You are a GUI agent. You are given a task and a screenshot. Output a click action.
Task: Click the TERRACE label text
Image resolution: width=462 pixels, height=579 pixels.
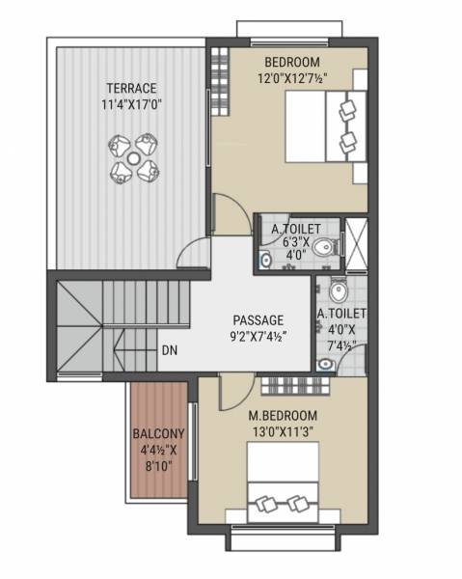pos(132,87)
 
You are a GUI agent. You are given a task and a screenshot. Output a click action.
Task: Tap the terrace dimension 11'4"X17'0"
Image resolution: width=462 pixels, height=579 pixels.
pos(132,103)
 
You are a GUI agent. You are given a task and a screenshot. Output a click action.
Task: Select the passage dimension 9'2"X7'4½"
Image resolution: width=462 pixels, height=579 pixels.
pos(258,337)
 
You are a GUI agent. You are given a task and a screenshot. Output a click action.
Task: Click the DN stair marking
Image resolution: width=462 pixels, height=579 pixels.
pos(169,350)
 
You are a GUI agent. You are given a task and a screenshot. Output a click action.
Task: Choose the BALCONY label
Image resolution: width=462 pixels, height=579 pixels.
pos(153,432)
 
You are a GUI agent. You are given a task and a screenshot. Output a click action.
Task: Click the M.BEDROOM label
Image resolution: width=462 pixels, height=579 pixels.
pos(285,417)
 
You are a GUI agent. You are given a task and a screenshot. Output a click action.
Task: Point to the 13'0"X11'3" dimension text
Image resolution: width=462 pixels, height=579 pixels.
pos(285,433)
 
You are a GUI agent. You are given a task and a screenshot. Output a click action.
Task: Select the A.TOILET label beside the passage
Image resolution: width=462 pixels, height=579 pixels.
pos(340,314)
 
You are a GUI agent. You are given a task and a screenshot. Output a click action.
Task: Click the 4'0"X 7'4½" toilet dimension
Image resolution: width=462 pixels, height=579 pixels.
pos(340,338)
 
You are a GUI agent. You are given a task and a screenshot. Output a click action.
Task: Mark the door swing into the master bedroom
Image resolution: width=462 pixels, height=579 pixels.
pos(232,390)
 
